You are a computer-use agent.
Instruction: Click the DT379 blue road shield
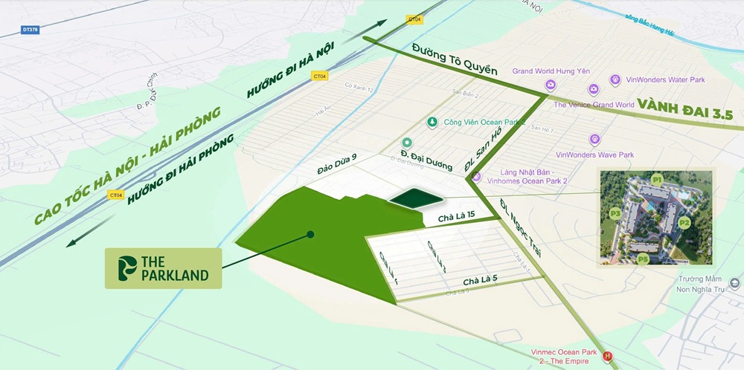30,31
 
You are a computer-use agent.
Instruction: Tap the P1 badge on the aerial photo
656,180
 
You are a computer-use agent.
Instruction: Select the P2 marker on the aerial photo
684,222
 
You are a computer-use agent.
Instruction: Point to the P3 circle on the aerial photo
615,213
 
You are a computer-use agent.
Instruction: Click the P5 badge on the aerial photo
642,259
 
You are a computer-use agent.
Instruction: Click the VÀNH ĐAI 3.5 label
685,114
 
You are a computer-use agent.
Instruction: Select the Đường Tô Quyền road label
454,60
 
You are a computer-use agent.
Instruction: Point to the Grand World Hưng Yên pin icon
551,85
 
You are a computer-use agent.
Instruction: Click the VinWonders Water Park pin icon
615,79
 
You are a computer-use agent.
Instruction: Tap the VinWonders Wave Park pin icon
594,139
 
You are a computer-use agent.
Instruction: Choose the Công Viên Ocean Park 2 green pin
431,123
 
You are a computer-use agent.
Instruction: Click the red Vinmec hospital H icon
608,356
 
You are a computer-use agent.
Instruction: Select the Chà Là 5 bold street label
481,281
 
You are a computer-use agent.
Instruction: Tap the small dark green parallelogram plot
414,198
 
